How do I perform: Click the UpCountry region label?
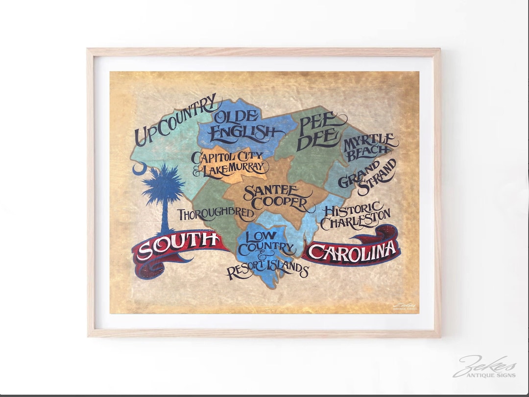pos(174,120)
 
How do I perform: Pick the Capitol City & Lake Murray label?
pos(229,163)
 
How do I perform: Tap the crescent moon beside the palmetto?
pos(139,170)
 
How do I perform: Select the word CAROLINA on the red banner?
pos(353,251)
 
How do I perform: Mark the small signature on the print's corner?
pos(405,307)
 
